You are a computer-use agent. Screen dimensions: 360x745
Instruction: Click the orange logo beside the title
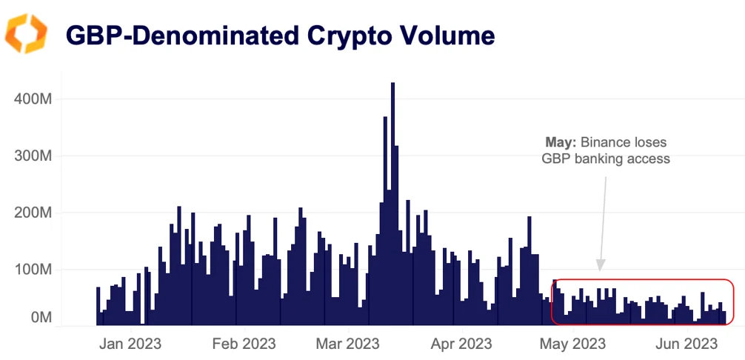tap(26, 34)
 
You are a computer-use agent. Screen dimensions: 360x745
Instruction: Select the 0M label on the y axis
tap(41, 318)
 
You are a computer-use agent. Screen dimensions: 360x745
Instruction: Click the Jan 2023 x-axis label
tap(130, 344)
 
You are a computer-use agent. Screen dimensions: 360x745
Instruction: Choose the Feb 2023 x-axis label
tap(244, 344)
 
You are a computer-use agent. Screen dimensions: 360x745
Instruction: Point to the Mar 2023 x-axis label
tap(348, 344)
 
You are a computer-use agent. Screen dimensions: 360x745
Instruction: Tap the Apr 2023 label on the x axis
tap(462, 344)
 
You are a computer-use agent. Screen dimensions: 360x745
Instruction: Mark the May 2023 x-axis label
tap(573, 344)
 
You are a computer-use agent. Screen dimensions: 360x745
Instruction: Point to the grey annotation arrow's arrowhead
tap(601, 264)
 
